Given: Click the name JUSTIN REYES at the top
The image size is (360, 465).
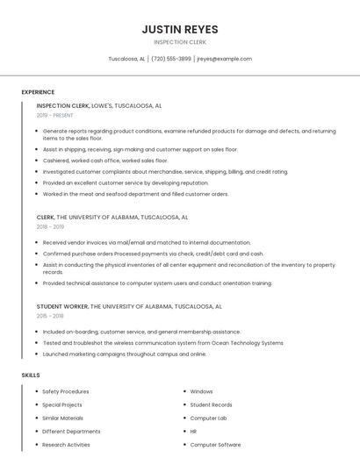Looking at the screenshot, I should click(x=179, y=29).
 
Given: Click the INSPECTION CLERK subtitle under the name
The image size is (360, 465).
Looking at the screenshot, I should click(x=179, y=42).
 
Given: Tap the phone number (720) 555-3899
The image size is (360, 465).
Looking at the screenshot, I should click(x=170, y=59).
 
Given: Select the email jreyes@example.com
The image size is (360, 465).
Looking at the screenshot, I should click(x=224, y=59).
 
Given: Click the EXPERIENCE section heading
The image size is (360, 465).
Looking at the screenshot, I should click(x=38, y=92).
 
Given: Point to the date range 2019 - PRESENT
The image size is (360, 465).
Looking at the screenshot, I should click(x=54, y=115).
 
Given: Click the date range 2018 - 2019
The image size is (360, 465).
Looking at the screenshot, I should click(x=50, y=226).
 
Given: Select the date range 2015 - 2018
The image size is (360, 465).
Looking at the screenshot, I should click(x=50, y=316).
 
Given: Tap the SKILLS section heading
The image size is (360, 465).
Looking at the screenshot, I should click(x=31, y=376).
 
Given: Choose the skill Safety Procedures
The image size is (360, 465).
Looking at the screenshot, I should click(x=65, y=391).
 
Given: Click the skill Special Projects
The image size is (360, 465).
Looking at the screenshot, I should click(x=61, y=404).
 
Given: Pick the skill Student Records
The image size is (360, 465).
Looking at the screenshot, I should click(x=211, y=404).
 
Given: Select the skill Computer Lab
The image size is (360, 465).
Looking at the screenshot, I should click(x=208, y=418).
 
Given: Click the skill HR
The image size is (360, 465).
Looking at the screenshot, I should click(x=193, y=431).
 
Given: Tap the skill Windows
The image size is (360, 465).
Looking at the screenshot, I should click(x=201, y=391).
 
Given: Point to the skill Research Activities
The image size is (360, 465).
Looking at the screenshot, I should click(x=66, y=444).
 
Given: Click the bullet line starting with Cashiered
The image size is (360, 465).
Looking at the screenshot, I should click(x=104, y=161).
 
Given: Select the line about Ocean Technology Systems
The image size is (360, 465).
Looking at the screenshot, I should click(x=162, y=343).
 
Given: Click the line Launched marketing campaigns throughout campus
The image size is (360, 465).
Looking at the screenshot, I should click(x=124, y=354).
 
